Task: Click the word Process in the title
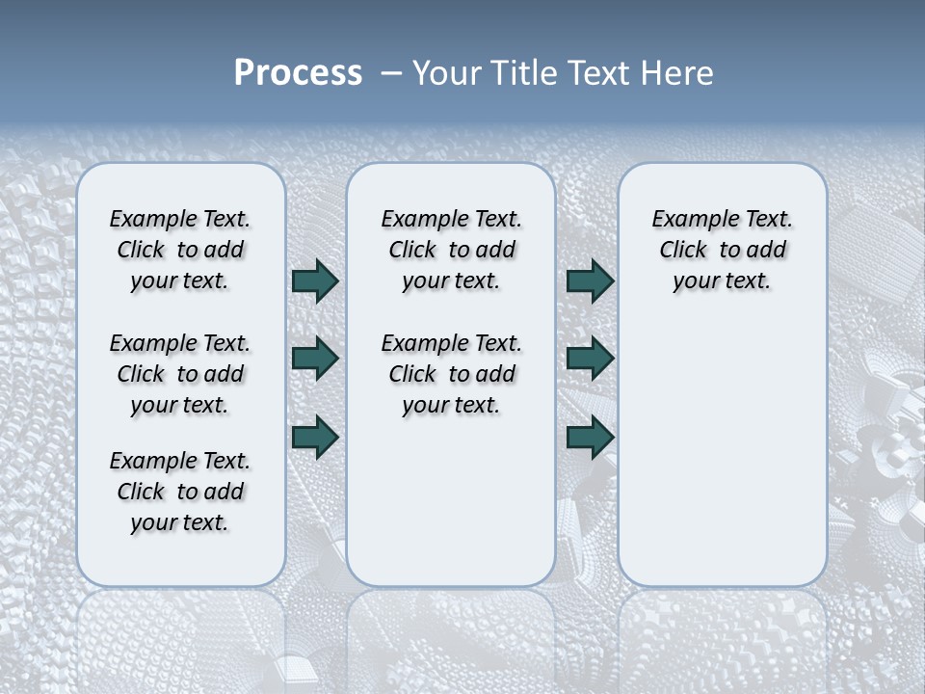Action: coord(298,73)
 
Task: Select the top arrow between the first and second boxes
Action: coord(315,280)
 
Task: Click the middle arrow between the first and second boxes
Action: coord(315,359)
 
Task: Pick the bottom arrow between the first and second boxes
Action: coord(315,437)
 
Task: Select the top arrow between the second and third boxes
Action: coord(590,280)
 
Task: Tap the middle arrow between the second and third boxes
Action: coord(590,359)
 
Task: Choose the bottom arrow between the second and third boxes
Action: coord(590,437)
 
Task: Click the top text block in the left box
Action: coord(180,250)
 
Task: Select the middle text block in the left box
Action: coord(180,374)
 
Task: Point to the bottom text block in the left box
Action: coord(180,492)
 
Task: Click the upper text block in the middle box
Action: coord(451,250)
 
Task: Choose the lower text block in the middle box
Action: coord(451,374)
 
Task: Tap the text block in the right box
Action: coord(722,250)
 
